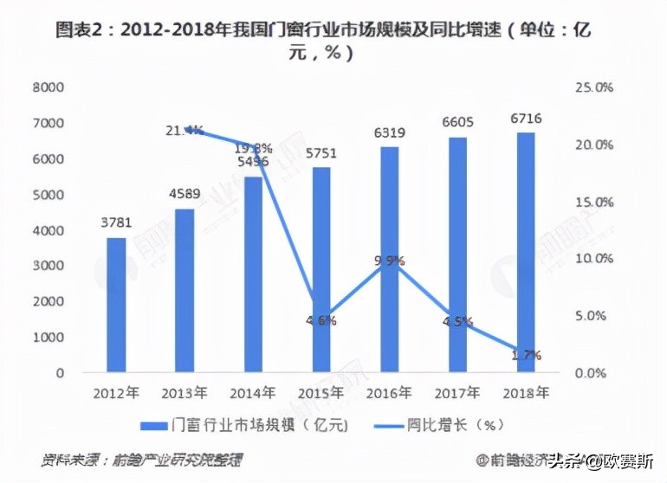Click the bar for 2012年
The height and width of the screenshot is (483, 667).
pyautogui.click(x=117, y=306)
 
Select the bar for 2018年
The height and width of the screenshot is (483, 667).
pyautogui.click(x=526, y=253)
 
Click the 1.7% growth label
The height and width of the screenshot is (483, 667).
pyautogui.click(x=526, y=355)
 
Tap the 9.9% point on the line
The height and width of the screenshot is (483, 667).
pyautogui.click(x=390, y=261)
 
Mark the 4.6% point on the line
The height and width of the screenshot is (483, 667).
pyautogui.click(x=321, y=320)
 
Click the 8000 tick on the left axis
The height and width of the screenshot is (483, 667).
pyautogui.click(x=50, y=87)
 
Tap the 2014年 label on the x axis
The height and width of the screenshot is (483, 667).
pyautogui.click(x=254, y=393)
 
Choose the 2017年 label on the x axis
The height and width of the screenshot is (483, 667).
pyautogui.click(x=458, y=393)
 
